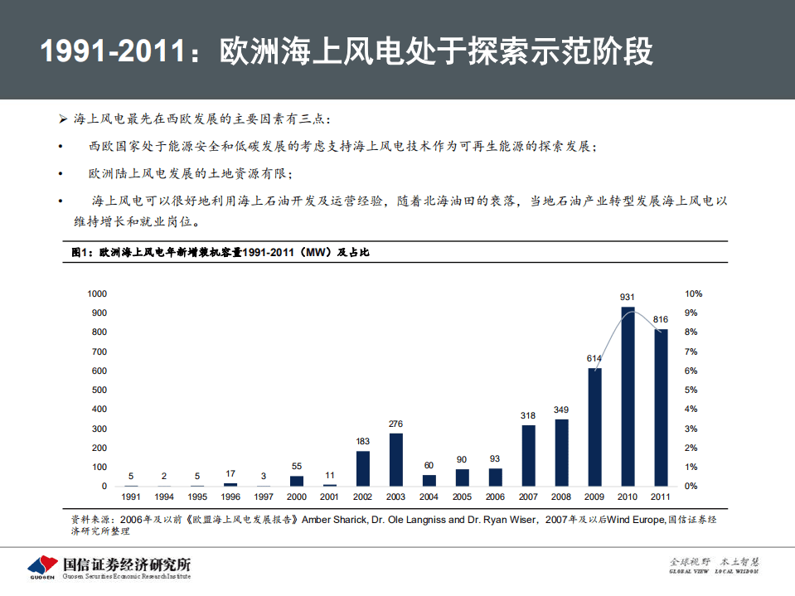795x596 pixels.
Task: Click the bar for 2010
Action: pos(628,396)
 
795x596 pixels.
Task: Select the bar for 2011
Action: pos(661,407)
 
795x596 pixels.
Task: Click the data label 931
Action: pos(628,297)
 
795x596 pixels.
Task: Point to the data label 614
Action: pos(594,358)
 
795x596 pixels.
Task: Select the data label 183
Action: pos(362,441)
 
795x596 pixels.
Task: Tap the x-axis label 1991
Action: pos(130,497)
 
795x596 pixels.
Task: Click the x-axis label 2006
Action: pos(495,497)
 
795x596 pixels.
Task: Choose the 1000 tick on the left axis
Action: pos(97,293)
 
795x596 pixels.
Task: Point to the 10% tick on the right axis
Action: pos(694,293)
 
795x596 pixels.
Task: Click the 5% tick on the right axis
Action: pos(691,390)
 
